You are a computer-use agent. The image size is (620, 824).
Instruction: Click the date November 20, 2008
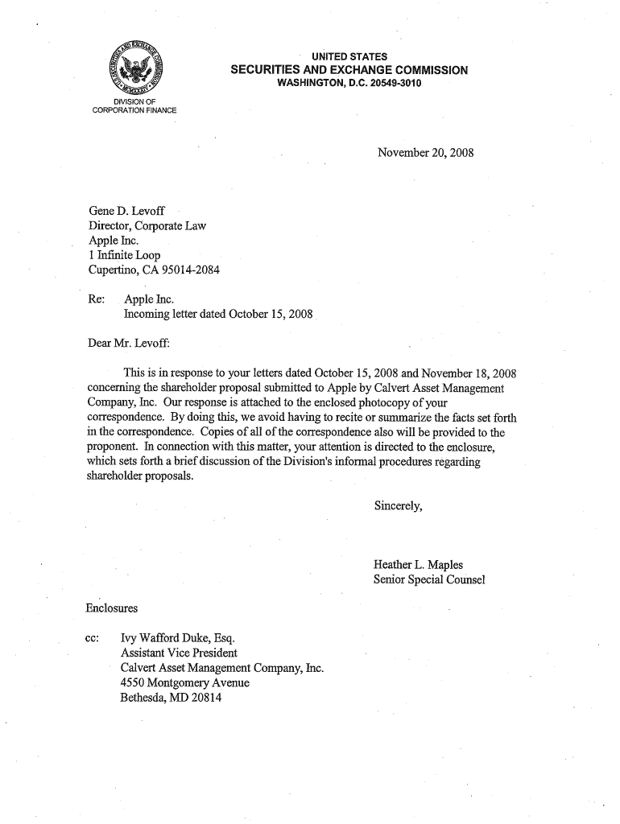tap(426, 151)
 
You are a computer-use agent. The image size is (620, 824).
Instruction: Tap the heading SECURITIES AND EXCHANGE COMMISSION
tap(349, 70)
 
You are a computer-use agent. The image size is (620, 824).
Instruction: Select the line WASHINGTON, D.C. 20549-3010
tap(349, 84)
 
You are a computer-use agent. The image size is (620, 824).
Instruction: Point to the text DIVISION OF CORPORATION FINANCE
tap(134, 105)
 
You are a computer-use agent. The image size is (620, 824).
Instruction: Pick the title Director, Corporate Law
tap(147, 226)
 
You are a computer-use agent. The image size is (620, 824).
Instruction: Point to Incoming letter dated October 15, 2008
tap(217, 313)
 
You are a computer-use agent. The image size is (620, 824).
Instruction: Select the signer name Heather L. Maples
tap(418, 565)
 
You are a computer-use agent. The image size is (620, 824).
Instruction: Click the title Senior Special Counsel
tap(428, 579)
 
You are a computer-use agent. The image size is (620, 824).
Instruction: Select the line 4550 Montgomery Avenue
tap(184, 682)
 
